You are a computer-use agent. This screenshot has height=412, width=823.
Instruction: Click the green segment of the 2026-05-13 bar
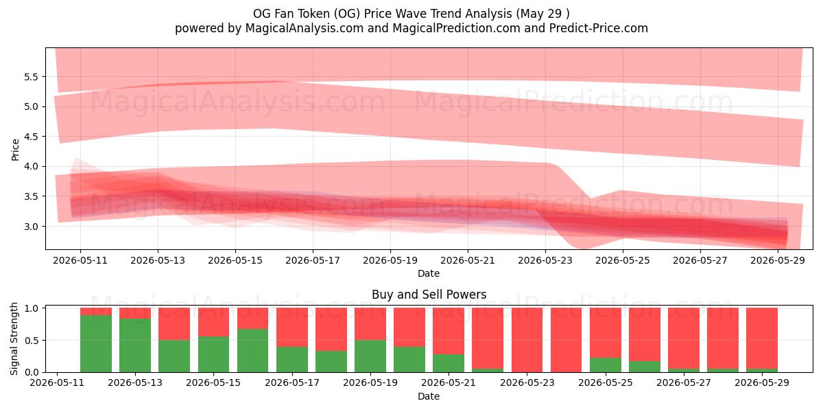pos(135,345)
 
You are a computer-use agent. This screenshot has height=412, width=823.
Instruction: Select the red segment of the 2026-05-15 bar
pos(213,322)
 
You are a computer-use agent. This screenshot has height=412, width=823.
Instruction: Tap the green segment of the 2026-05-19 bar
pos(370,356)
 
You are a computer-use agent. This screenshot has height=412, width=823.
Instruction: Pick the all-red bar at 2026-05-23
pos(527,340)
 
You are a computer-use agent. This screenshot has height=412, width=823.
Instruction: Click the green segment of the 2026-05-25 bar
pos(606,365)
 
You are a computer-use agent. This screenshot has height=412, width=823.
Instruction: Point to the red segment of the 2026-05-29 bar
pos(762,338)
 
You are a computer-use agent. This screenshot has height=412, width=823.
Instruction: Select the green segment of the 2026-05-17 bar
pos(292,359)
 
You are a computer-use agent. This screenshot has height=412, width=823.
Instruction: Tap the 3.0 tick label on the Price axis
pos(32,227)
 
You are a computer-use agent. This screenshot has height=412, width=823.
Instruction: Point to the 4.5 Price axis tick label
pos(32,137)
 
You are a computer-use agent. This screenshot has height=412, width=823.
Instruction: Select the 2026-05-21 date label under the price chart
pos(468,260)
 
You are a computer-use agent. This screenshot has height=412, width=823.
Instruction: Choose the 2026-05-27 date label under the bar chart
pos(684,382)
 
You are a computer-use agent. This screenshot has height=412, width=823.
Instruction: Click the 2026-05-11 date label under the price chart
pos(80,260)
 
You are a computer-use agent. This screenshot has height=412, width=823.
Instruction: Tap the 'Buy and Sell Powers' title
pos(429,295)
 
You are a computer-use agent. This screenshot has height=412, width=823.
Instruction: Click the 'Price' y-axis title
pos(15,150)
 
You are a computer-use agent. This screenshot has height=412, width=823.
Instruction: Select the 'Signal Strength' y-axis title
pos(14,339)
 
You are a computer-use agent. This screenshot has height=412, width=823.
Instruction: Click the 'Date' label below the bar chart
pos(429,396)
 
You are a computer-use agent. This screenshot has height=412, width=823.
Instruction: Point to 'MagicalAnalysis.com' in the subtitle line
pos(305,28)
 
